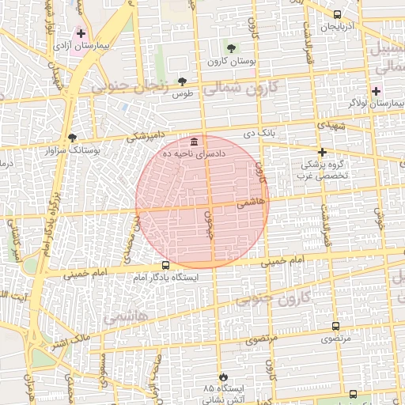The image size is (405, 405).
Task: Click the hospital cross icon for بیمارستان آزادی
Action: (80, 33)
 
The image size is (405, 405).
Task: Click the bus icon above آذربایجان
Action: (338, 14)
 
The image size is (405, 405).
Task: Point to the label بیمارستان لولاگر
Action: (372, 103)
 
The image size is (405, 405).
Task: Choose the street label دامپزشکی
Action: (148, 137)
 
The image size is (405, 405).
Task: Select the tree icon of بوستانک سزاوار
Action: (73, 137)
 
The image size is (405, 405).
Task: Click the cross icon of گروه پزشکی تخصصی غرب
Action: (321, 152)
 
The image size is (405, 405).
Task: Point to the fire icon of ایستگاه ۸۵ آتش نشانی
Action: (224, 377)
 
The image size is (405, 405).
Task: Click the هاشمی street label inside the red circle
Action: (254, 202)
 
